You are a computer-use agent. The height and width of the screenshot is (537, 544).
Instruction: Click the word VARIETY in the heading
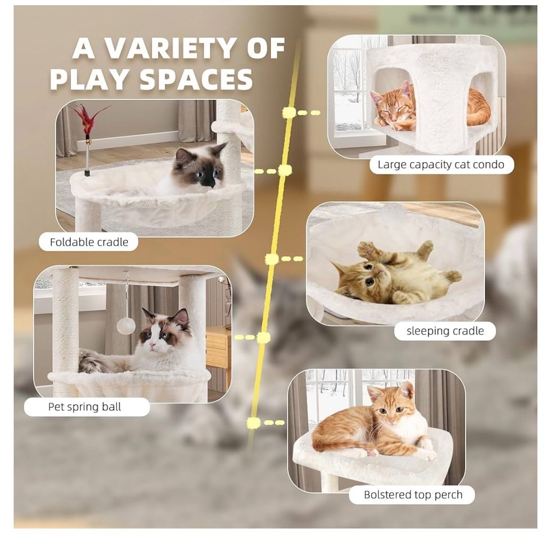click(170, 49)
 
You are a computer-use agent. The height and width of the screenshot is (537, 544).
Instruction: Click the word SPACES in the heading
click(196, 79)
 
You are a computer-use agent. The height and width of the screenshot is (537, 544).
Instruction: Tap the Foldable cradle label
click(89, 242)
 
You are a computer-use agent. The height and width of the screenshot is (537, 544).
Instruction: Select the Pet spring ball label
click(84, 406)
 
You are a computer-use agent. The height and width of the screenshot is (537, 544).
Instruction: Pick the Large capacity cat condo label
click(441, 165)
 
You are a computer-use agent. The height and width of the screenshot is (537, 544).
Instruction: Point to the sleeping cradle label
click(445, 330)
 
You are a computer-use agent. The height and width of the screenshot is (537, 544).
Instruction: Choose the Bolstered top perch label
click(413, 495)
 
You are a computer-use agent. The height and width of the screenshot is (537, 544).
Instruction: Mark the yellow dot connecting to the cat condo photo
click(289, 112)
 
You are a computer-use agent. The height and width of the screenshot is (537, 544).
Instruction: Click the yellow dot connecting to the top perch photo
click(253, 422)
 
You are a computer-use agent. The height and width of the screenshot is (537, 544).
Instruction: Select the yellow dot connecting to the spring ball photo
click(263, 337)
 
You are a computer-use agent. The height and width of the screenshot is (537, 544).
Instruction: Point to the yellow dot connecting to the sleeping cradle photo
click(272, 259)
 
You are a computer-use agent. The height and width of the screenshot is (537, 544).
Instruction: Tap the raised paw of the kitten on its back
click(366, 248)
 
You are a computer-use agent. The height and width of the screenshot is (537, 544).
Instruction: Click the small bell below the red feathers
click(89, 141)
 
